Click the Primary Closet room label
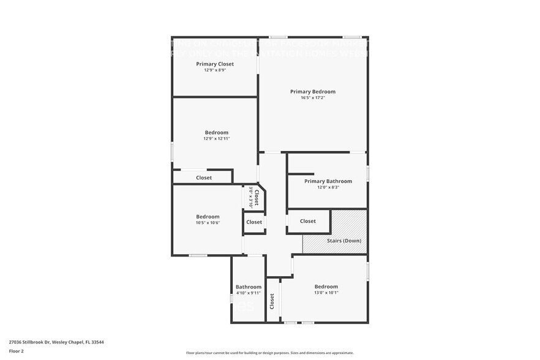[215, 64]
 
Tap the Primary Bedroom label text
[313, 91]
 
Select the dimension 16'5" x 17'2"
[313, 98]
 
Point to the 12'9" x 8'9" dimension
[215, 70]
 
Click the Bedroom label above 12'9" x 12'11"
[217, 132]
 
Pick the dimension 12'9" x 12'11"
[217, 138]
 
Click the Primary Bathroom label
[328, 181]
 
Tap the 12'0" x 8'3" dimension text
[328, 187]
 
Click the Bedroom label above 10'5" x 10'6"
[208, 216]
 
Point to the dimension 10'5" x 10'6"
[208, 222]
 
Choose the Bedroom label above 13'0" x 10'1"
[326, 287]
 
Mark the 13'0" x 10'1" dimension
[326, 293]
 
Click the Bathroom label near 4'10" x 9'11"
[249, 287]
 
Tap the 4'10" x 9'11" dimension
[249, 293]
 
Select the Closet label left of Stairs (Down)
[308, 221]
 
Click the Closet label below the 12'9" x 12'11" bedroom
[204, 178]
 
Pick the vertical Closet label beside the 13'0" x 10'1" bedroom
[272, 301]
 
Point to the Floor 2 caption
[17, 351]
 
